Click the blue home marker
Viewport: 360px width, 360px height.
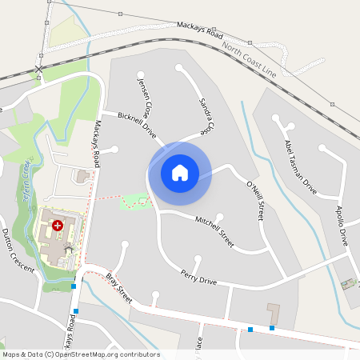coord(180,172)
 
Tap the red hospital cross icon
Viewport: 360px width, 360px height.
coord(57,226)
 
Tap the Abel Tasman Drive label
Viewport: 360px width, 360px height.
coord(301,166)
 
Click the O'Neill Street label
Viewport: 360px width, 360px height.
coord(255,200)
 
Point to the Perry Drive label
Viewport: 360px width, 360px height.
coord(198,277)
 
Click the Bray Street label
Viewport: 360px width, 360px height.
coord(119,289)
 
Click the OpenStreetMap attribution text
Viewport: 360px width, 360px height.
coord(81,354)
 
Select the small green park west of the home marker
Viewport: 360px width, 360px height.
coord(135,201)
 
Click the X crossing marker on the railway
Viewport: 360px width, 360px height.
coord(38,70)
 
